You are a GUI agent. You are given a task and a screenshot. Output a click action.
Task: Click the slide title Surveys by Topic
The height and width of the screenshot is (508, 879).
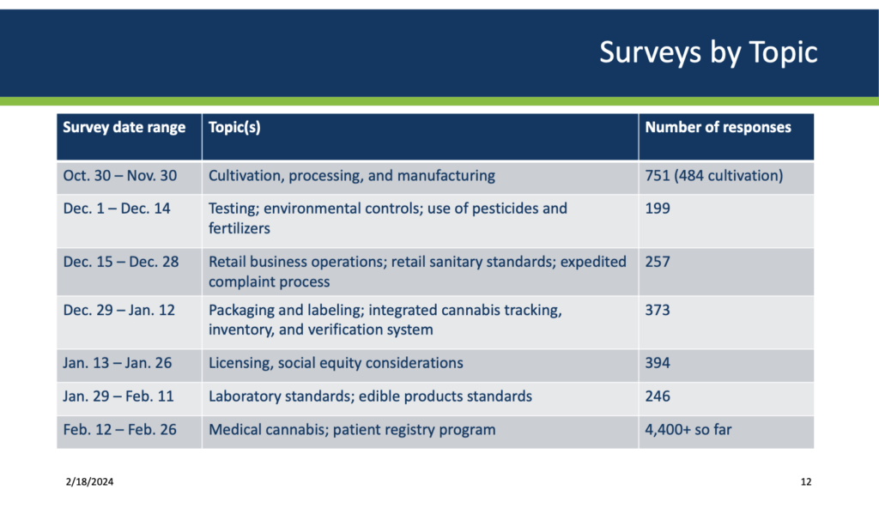click(x=707, y=52)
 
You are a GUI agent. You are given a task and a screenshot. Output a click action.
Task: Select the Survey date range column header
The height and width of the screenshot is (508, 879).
click(x=124, y=128)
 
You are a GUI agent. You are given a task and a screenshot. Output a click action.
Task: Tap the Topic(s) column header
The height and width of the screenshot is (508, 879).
click(x=234, y=128)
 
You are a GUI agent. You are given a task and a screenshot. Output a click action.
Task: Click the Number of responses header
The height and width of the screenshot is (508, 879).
click(x=718, y=128)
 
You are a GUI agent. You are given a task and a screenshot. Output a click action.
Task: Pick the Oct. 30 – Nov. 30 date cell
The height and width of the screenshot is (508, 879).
click(x=119, y=176)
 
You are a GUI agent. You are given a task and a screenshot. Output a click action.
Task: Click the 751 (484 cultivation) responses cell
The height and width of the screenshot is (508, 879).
click(x=713, y=176)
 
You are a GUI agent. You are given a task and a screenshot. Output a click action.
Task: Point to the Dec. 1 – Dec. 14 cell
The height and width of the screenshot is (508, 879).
click(x=117, y=209)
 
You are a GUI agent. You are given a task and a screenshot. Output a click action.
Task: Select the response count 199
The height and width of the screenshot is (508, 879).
click(x=658, y=209)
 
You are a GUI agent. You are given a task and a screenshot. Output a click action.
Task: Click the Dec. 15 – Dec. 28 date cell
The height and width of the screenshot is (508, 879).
click(x=121, y=262)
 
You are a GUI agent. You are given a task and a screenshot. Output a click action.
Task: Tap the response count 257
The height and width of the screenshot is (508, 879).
click(x=658, y=262)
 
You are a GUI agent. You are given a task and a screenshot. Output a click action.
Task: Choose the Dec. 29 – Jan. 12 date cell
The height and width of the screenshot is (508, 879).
click(x=118, y=310)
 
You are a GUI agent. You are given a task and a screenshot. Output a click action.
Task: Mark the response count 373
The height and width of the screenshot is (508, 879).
click(x=658, y=310)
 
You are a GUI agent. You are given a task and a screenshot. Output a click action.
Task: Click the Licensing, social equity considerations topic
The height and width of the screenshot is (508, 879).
click(x=336, y=363)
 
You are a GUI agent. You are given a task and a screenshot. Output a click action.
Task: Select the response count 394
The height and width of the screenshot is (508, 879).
click(x=658, y=363)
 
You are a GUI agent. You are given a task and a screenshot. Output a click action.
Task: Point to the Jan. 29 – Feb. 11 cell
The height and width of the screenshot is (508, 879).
click(x=119, y=396)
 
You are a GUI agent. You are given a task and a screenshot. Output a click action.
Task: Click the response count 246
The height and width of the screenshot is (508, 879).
click(x=658, y=396)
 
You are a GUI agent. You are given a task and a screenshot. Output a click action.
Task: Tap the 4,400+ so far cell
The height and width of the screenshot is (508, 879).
click(x=688, y=429)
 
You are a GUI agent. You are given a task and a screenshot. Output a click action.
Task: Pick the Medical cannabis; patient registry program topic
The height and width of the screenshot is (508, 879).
click(x=352, y=429)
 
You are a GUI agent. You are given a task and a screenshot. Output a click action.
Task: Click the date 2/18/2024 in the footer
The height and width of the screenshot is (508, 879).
click(x=88, y=482)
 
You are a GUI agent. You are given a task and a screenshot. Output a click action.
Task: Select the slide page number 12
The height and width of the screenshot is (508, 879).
click(x=805, y=482)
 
